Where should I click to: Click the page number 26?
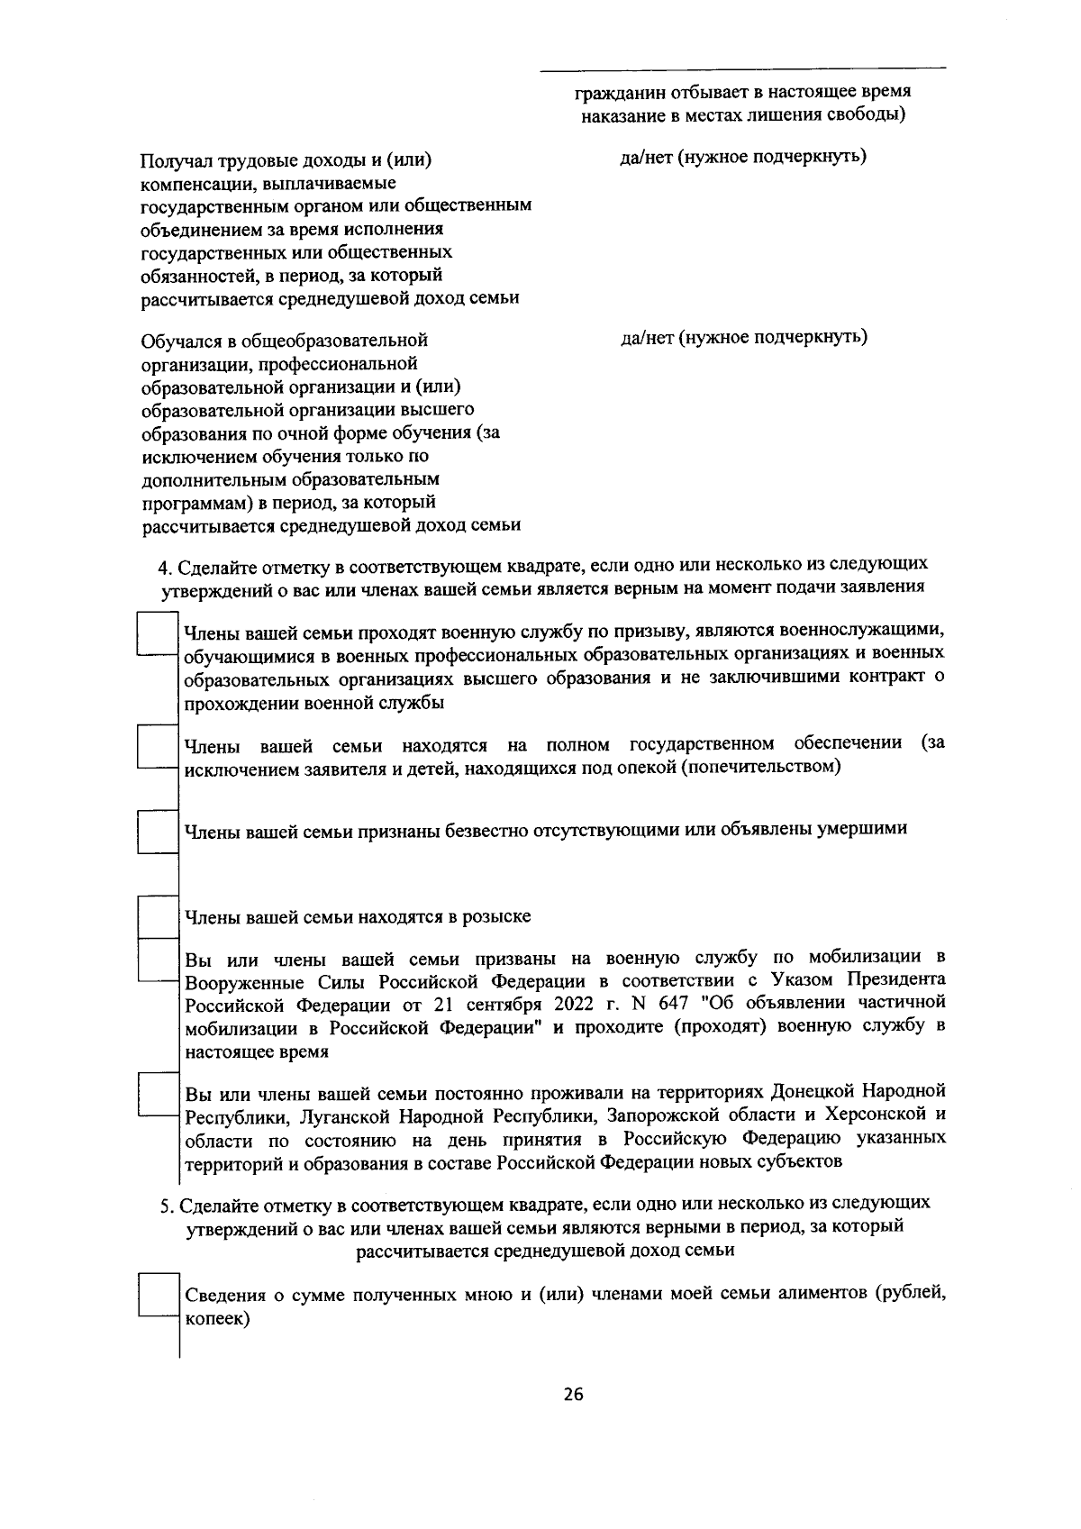tap(573, 1395)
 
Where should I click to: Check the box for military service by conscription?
tap(158, 634)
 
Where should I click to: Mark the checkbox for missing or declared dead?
tap(158, 831)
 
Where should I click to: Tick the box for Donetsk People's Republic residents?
tap(158, 1094)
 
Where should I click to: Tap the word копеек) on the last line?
tap(217, 1319)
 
